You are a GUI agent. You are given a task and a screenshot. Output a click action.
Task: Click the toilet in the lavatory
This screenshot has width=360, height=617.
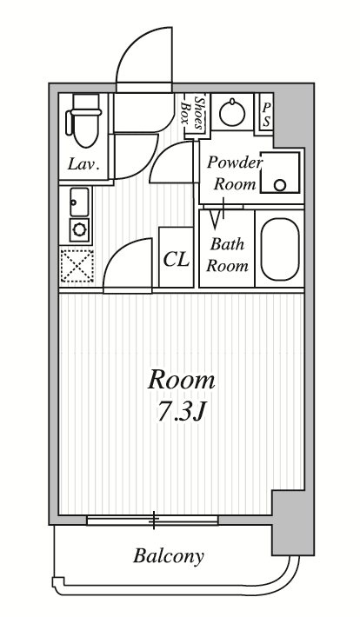(83, 120)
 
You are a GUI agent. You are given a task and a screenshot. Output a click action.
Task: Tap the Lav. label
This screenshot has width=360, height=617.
(83, 164)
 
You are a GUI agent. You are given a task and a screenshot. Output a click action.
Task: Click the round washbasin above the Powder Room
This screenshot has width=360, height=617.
(232, 112)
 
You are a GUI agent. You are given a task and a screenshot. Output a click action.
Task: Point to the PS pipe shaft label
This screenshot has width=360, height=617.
(266, 116)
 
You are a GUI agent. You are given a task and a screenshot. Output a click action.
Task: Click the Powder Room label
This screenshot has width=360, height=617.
(234, 173)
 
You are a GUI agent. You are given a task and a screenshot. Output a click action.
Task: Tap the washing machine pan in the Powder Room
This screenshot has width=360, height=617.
(280, 172)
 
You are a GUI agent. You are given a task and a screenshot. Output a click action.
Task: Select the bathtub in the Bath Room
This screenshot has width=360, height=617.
(279, 249)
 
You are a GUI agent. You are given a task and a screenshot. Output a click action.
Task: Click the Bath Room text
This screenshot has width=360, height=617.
(227, 255)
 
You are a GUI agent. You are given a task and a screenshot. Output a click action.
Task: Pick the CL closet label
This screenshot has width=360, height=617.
(176, 259)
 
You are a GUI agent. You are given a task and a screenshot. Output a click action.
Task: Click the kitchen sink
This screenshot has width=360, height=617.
(79, 202)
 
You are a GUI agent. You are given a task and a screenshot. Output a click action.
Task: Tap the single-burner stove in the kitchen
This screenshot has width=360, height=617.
(79, 229)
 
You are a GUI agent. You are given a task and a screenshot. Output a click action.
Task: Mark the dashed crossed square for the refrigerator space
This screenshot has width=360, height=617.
(77, 266)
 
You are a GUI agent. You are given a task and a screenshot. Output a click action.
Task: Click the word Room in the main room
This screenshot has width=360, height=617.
(181, 381)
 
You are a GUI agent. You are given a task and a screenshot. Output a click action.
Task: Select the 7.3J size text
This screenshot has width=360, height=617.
(181, 412)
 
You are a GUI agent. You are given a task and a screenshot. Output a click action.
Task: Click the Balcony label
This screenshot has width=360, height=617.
(168, 556)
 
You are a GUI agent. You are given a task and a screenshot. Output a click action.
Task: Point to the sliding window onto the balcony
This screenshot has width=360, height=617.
(152, 521)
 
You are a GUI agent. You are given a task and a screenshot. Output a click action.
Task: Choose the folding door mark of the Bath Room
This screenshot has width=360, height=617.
(219, 214)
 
